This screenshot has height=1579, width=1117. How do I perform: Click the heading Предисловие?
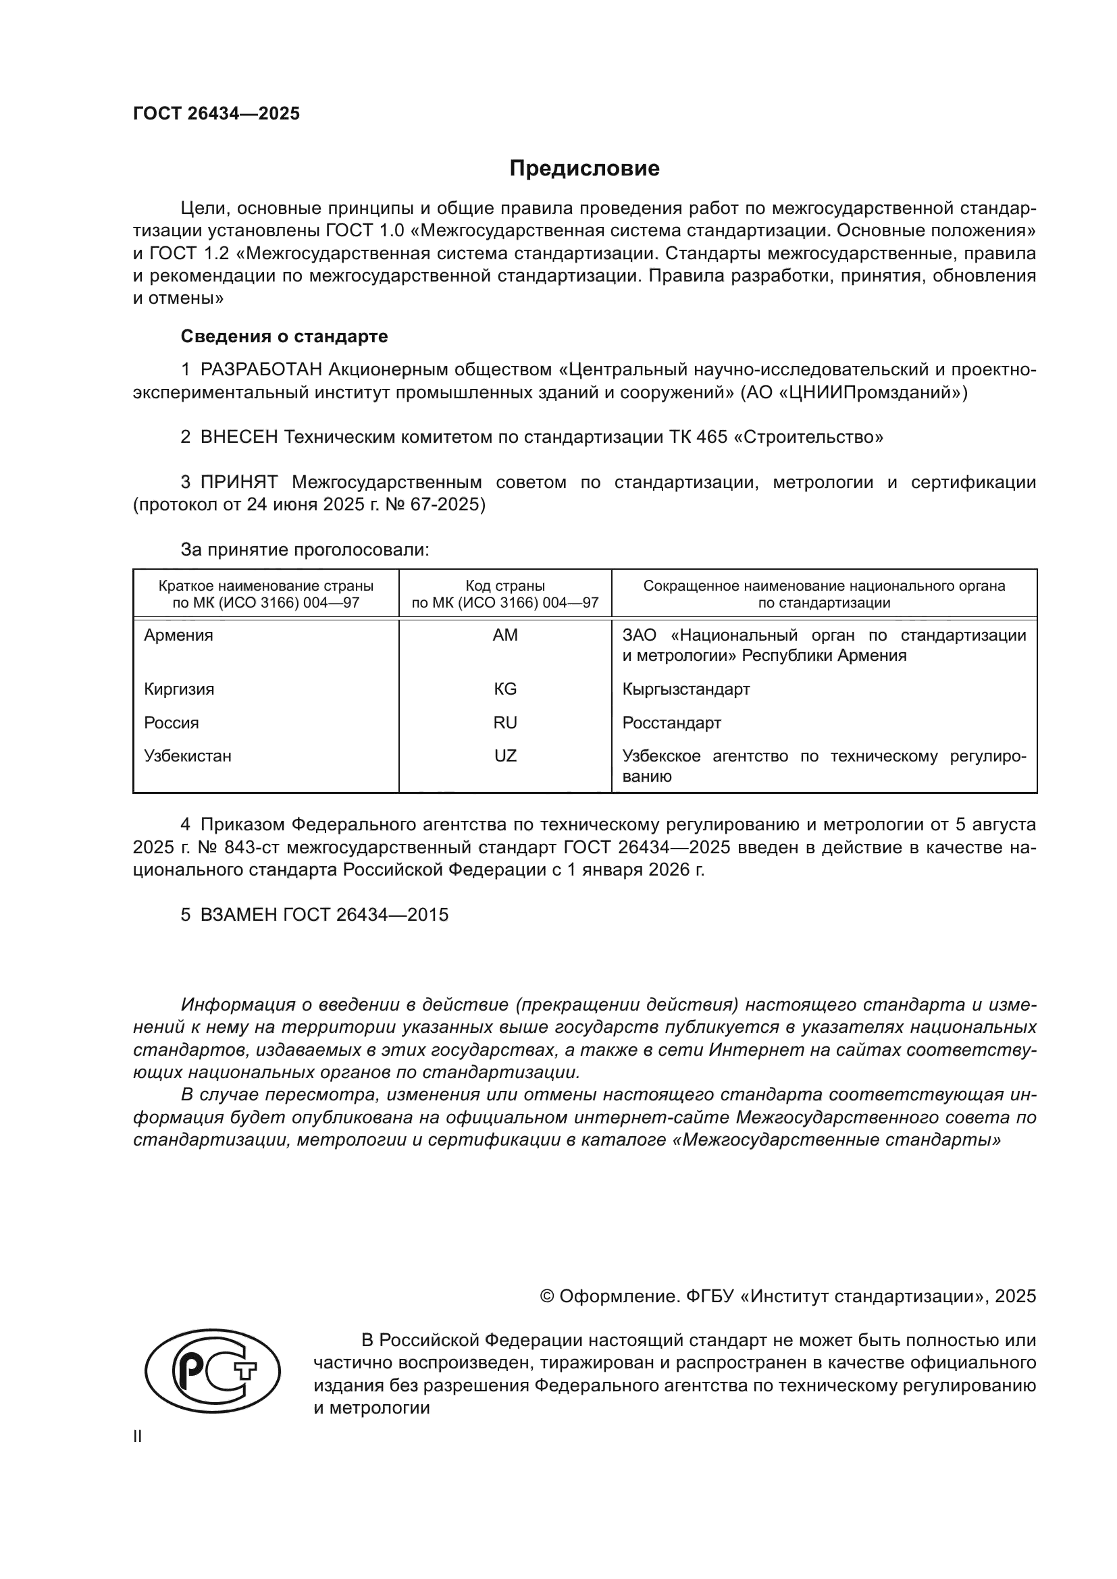[584, 169]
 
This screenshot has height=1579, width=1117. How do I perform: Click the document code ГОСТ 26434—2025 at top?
[216, 113]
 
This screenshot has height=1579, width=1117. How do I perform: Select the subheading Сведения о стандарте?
[284, 336]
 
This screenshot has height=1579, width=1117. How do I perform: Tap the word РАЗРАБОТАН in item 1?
[261, 370]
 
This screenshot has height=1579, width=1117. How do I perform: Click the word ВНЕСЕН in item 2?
[238, 437]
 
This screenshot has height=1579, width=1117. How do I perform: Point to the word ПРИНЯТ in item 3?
[238, 482]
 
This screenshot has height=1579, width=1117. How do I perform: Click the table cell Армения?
[178, 635]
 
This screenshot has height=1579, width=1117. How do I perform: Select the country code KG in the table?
[505, 689]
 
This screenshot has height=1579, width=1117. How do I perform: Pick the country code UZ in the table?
[505, 757]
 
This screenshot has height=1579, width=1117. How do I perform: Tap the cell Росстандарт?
[671, 723]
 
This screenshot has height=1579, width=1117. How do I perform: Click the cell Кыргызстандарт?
[685, 689]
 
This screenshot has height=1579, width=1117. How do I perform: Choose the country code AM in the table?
[505, 635]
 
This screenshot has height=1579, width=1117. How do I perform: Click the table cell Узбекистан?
[187, 757]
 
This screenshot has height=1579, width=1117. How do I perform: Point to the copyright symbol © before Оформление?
[547, 1296]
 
